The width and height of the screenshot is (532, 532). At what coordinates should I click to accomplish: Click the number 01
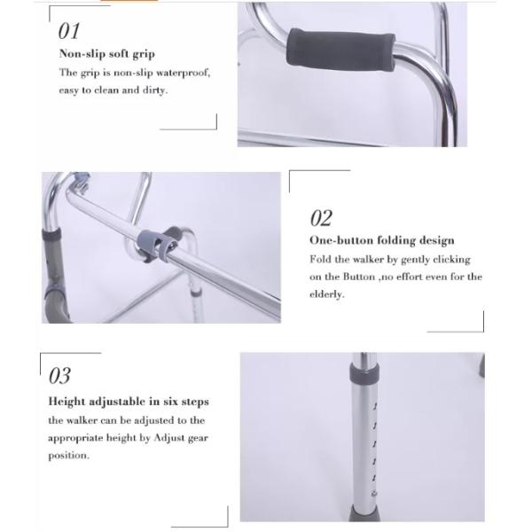[69, 31]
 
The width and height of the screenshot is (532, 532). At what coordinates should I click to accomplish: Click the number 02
[321, 218]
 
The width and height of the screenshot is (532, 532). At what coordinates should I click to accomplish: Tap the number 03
[59, 376]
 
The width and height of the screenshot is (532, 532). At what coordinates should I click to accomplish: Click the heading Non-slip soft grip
[107, 54]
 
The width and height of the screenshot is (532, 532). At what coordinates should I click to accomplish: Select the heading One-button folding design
[382, 240]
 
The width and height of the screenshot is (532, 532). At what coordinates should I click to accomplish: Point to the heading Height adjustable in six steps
[129, 402]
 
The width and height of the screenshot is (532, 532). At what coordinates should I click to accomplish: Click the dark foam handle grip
[340, 50]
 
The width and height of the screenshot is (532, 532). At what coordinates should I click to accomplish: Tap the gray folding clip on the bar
[160, 243]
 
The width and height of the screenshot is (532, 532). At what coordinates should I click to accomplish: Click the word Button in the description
[359, 277]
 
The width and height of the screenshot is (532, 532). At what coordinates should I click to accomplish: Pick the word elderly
[327, 294]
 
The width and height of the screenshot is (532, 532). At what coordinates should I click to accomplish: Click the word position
[68, 456]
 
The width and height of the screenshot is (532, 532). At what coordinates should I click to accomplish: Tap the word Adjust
[169, 438]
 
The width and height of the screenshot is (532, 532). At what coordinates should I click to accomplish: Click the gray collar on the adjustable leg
[364, 373]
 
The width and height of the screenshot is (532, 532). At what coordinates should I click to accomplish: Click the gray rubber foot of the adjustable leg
[364, 513]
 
